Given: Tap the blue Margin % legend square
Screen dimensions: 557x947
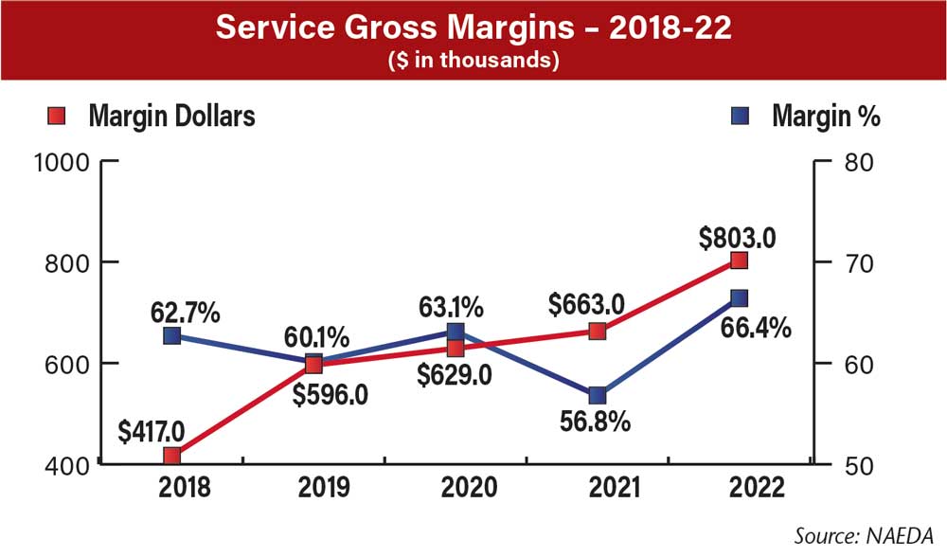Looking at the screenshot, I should (x=743, y=117).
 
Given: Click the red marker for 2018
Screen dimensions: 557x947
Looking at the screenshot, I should (x=171, y=455).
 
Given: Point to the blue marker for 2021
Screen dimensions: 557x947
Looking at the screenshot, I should (x=598, y=395).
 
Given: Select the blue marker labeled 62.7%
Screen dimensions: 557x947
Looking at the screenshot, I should (x=171, y=335).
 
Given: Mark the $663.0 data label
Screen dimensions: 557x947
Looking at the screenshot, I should (x=586, y=304).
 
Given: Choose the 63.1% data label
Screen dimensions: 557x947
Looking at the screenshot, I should (x=452, y=307).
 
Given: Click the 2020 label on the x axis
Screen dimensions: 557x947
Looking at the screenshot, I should (x=456, y=489).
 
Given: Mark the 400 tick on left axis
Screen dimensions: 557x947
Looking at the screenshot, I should (x=69, y=465).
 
